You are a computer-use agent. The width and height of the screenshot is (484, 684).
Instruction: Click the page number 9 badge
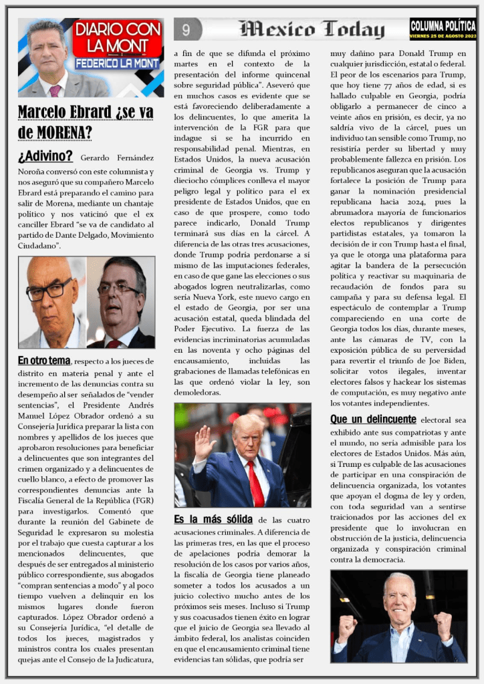click(x=187, y=29)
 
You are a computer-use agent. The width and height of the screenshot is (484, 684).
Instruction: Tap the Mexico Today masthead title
click(x=312, y=29)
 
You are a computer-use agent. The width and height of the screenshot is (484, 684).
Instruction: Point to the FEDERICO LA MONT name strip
click(x=118, y=64)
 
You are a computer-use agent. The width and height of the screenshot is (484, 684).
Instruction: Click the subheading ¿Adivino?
click(x=45, y=156)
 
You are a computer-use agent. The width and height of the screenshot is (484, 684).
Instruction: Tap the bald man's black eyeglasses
click(x=49, y=290)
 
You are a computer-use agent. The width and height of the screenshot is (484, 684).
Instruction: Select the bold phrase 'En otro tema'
click(x=44, y=361)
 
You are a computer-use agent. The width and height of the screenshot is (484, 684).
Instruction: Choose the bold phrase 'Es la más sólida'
click(x=213, y=519)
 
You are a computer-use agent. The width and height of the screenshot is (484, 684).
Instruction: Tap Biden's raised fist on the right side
click(x=443, y=625)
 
